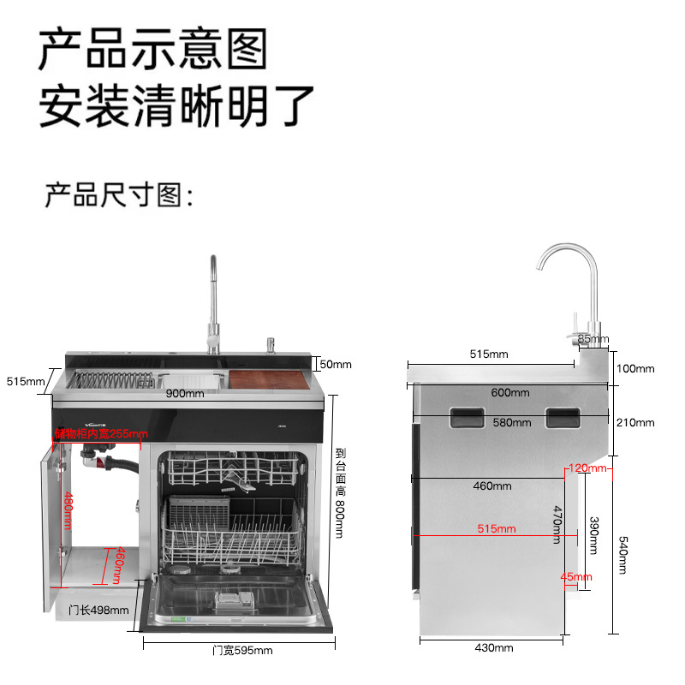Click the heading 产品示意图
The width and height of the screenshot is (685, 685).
(153, 49)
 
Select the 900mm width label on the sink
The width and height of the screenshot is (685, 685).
(184, 393)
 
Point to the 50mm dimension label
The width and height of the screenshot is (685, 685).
(335, 364)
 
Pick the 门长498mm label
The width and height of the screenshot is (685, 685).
(98, 610)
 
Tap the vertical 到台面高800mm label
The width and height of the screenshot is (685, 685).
(339, 493)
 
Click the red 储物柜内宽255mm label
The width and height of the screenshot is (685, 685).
(100, 433)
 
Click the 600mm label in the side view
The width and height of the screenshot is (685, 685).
(511, 392)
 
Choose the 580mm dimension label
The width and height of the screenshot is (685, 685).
(511, 422)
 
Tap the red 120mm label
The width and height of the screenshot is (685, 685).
(587, 468)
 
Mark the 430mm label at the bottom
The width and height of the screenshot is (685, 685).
(494, 648)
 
